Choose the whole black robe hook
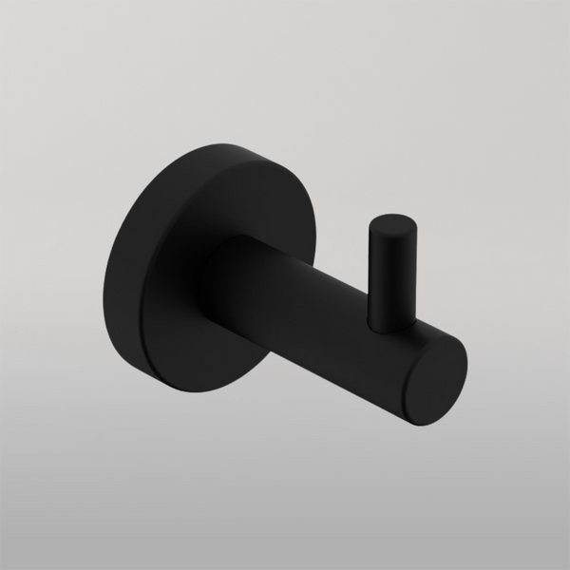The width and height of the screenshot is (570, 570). click(x=285, y=285)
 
